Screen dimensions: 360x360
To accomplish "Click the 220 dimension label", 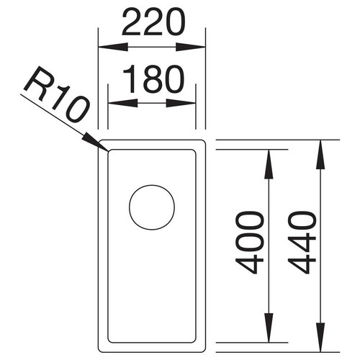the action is tap(154, 23).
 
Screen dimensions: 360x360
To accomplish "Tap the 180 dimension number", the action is tap(153, 79).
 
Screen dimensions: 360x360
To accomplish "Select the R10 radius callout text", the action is tap(57, 94).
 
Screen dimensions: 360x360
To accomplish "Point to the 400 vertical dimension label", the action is tap(250, 243).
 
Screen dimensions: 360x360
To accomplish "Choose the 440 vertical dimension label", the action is tap(302, 243).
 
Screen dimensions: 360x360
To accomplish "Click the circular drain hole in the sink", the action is tap(152, 207).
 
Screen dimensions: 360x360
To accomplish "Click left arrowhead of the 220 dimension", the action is tap(113, 47).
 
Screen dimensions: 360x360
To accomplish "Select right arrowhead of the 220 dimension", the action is tap(191, 47).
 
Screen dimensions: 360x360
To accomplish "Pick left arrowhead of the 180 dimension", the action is tap(123, 103).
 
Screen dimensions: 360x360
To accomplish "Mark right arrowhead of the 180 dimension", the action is tap(181, 103).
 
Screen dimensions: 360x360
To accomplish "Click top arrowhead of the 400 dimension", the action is tap(269, 164).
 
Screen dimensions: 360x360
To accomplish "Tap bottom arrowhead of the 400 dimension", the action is tap(269, 328).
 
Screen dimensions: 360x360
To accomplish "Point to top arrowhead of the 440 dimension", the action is tap(320, 154).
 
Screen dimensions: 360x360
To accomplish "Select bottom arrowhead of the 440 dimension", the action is tap(320, 338).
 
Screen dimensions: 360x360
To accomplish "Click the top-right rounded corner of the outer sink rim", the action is tap(204, 141).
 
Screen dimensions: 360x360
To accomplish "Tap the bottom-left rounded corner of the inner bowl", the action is tap(109, 341).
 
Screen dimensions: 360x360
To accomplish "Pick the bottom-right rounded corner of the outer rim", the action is tap(204, 351).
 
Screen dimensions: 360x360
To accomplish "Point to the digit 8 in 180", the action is tap(152, 79).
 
